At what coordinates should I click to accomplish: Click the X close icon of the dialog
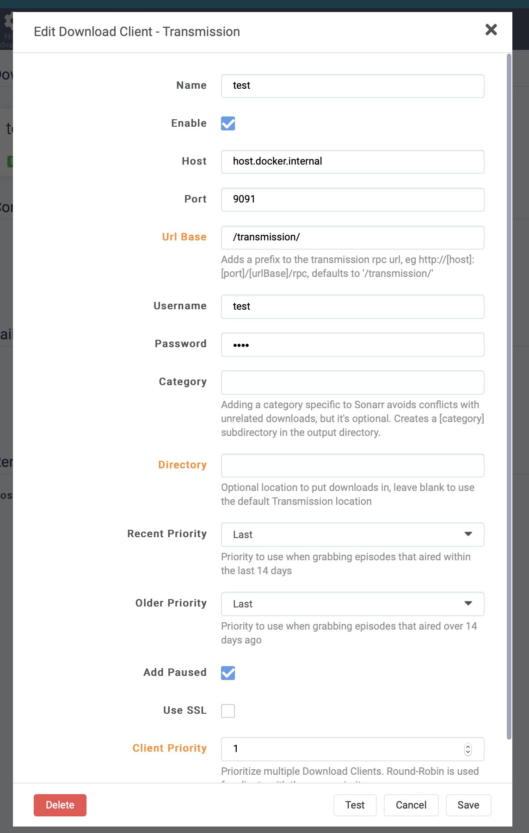pyautogui.click(x=491, y=30)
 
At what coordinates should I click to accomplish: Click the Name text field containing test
pyautogui.click(x=352, y=86)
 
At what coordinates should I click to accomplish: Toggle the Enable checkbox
pyautogui.click(x=228, y=123)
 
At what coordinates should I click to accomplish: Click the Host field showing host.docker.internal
pyautogui.click(x=352, y=162)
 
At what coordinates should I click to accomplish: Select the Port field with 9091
pyautogui.click(x=352, y=200)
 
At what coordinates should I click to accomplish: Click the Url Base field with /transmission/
pyautogui.click(x=352, y=238)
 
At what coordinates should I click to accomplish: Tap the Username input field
pyautogui.click(x=352, y=306)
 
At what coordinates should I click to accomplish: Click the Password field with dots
pyautogui.click(x=352, y=344)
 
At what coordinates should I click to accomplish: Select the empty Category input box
pyautogui.click(x=352, y=382)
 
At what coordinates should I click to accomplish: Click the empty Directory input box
pyautogui.click(x=352, y=465)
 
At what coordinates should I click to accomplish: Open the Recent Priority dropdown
pyautogui.click(x=352, y=534)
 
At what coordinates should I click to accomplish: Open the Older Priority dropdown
pyautogui.click(x=352, y=604)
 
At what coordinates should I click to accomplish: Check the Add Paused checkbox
pyautogui.click(x=228, y=673)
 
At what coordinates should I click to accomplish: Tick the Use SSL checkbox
pyautogui.click(x=228, y=711)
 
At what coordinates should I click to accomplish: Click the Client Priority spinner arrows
pyautogui.click(x=468, y=749)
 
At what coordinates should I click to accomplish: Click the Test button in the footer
pyautogui.click(x=355, y=805)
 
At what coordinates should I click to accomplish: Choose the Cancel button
pyautogui.click(x=411, y=805)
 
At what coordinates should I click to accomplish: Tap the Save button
pyautogui.click(x=468, y=805)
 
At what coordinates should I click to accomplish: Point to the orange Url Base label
pyautogui.click(x=184, y=237)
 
